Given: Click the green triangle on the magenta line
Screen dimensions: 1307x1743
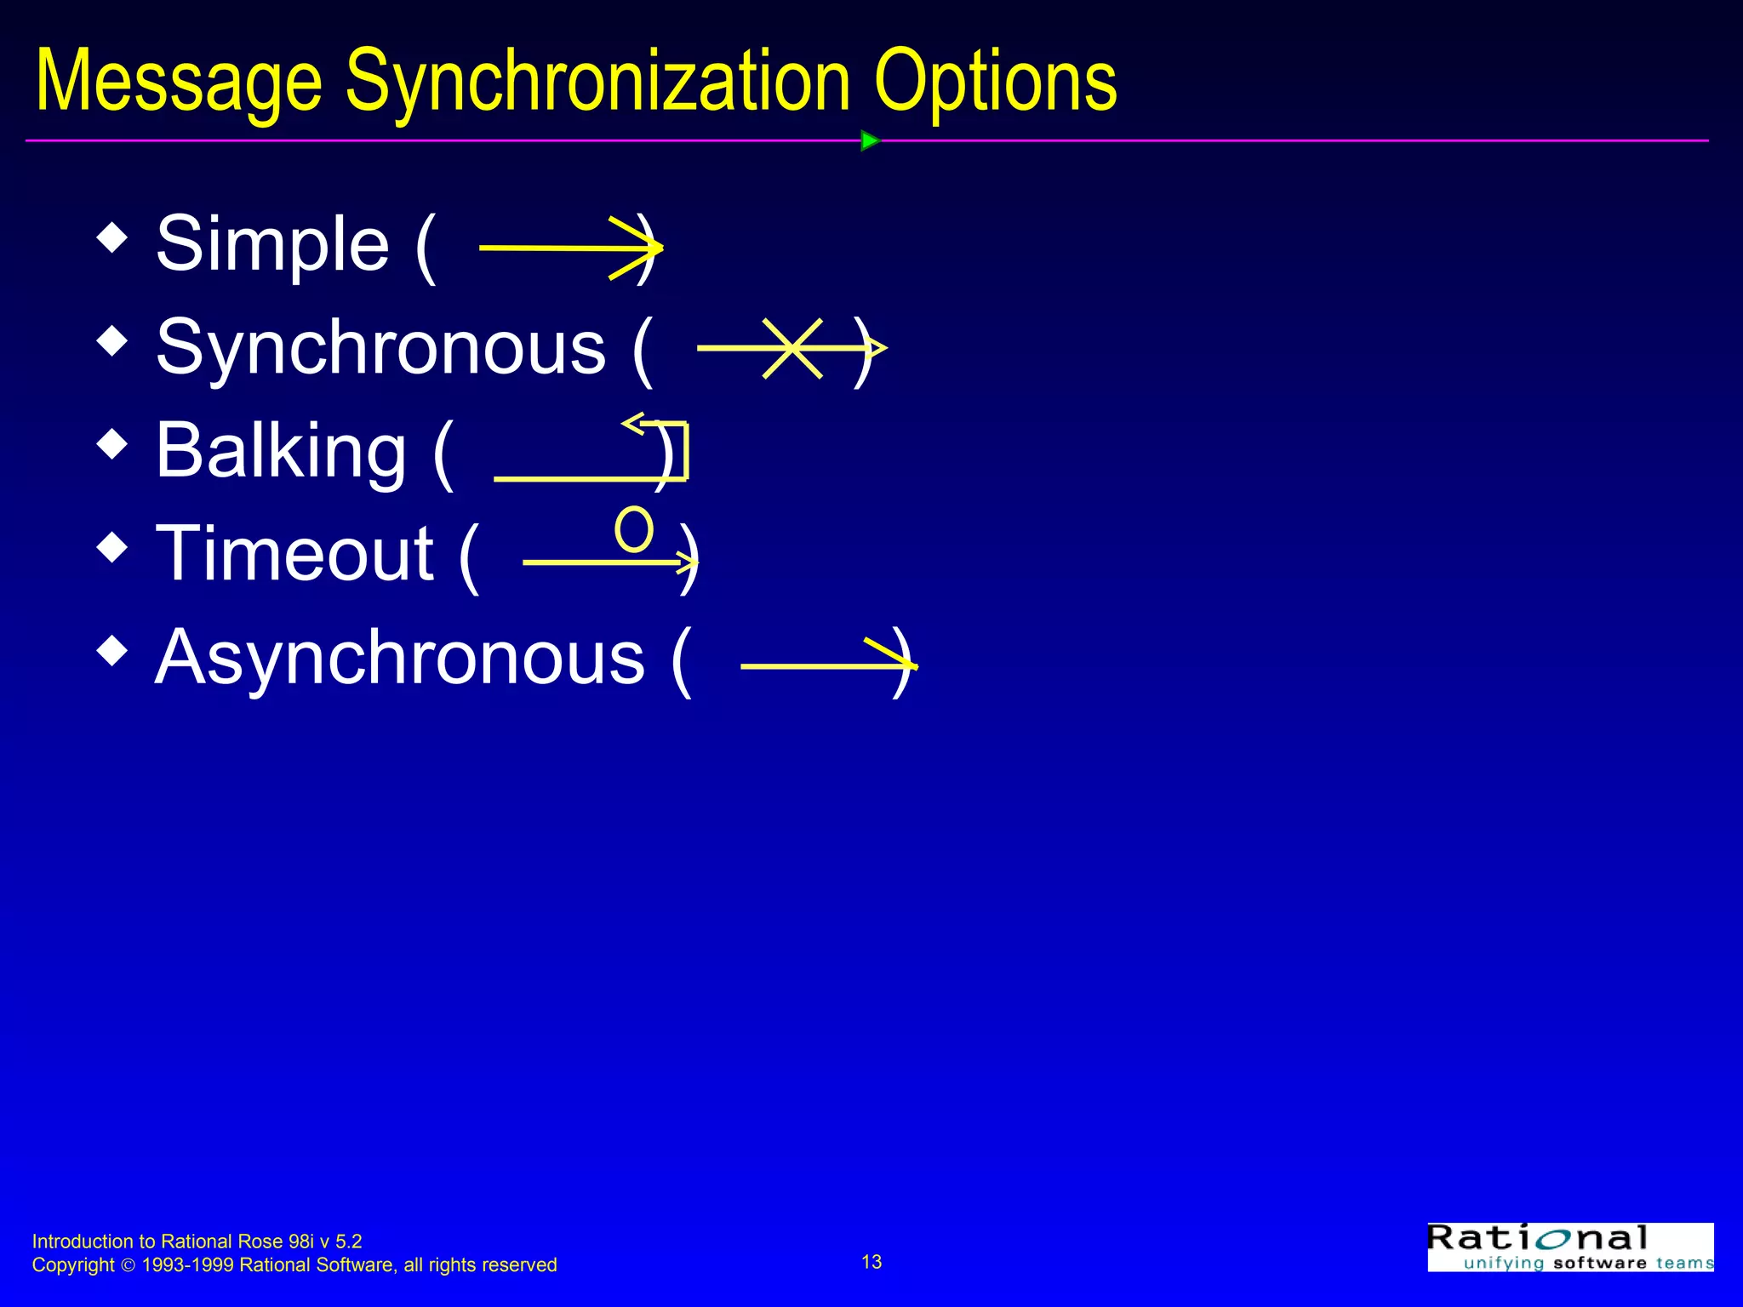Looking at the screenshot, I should tap(869, 140).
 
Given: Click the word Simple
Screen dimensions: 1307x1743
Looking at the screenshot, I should tap(272, 244).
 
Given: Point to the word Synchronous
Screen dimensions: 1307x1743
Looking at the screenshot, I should tap(380, 347).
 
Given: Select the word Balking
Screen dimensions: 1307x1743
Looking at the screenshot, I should tap(281, 450).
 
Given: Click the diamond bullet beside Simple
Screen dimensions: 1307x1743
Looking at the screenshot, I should tap(112, 238).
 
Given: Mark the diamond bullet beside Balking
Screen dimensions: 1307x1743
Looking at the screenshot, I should tap(112, 444).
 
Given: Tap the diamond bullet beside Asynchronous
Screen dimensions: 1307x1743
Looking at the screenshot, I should tap(112, 651).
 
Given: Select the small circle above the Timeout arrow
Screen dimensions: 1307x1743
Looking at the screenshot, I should tap(634, 529).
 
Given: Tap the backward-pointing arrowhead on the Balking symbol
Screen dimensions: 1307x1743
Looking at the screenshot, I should tap(633, 423).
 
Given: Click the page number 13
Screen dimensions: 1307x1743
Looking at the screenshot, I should tap(871, 1262).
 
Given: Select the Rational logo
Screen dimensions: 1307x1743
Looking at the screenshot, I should tap(1570, 1247).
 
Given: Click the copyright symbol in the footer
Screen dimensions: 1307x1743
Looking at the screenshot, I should tap(129, 1266).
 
